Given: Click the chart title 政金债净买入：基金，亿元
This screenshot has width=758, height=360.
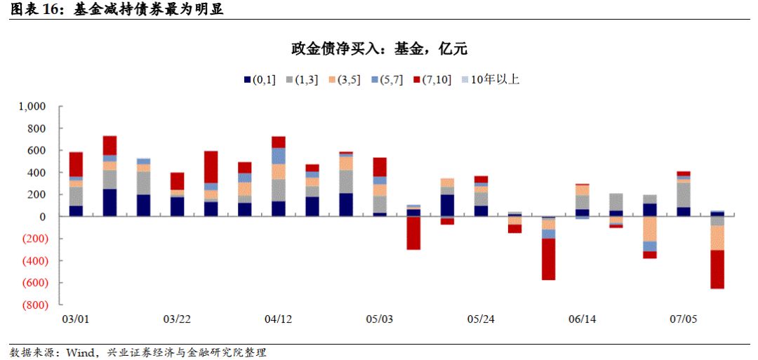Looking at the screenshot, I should [x=379, y=49].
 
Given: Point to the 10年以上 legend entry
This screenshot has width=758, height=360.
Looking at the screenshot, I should [x=489, y=80].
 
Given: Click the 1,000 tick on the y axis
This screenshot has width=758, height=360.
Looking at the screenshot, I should [x=32, y=107].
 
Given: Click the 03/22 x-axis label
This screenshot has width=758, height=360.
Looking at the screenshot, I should [x=177, y=319].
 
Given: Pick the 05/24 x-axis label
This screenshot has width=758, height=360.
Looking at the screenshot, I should [x=481, y=319].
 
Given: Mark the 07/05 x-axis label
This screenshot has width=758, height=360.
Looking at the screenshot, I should [x=683, y=319].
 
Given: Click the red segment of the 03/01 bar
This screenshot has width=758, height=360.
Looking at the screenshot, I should [x=76, y=164].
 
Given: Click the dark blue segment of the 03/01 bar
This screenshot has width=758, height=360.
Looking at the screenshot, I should [x=76, y=211].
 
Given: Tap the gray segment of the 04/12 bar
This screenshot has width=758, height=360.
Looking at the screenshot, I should [x=278, y=190].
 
